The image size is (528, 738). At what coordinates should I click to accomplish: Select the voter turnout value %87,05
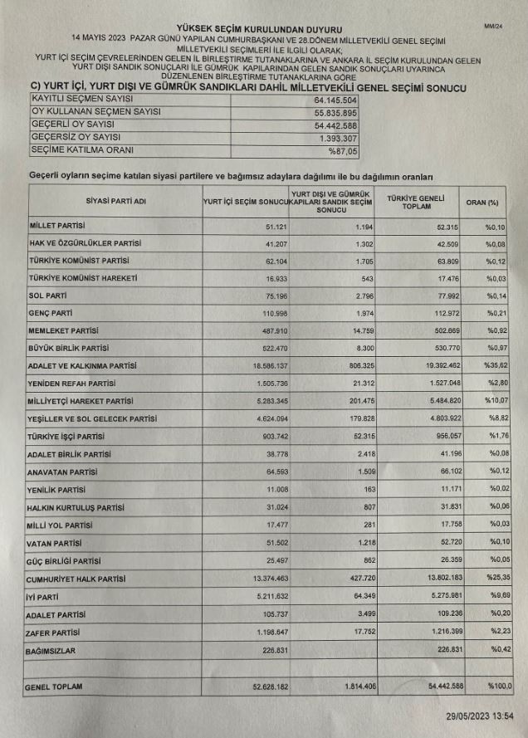[x=341, y=152]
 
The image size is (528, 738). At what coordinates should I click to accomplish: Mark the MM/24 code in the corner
[x=493, y=27]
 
